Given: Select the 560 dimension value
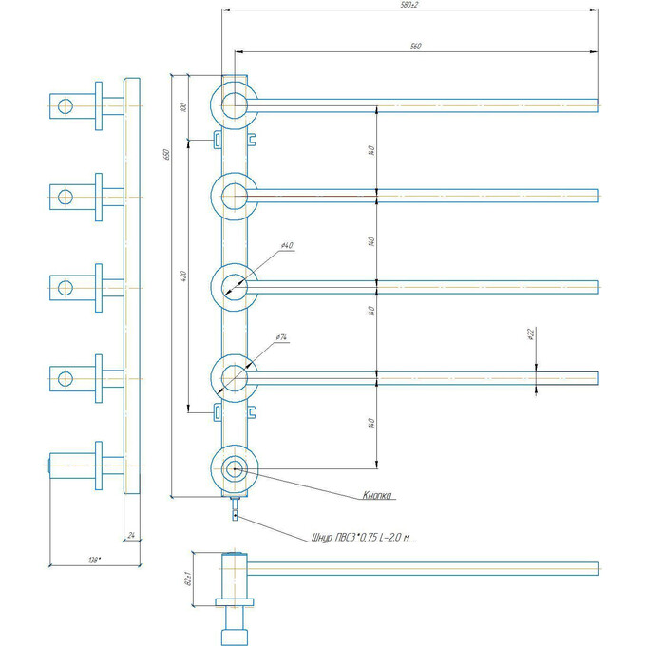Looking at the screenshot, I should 415,45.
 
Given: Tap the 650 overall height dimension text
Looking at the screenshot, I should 164,154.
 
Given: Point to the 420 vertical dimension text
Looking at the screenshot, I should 181,276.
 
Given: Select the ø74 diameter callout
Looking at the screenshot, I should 282,337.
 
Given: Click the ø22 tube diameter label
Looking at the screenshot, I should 530,333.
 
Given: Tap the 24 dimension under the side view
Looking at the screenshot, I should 132,536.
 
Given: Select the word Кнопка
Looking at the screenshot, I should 377,495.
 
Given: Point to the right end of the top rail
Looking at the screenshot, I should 596,104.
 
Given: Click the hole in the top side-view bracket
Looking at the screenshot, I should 65,104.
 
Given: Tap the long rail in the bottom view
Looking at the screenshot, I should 427,568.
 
